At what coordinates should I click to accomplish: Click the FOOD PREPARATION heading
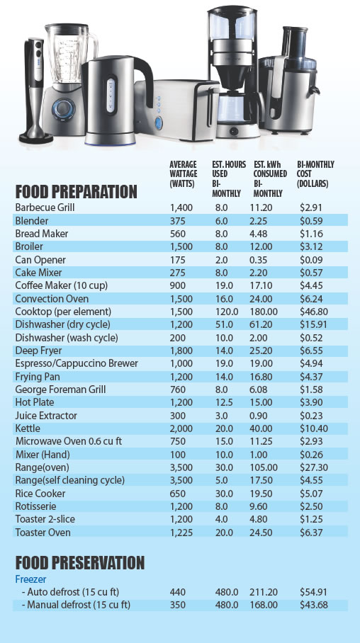77,192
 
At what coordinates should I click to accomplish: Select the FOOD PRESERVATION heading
80,563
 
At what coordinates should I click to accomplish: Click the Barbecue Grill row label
45,208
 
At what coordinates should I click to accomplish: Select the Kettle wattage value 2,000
182,428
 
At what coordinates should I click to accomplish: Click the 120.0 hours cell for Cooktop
227,312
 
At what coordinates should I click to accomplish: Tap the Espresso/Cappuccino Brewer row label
77,363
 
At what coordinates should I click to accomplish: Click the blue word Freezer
31,579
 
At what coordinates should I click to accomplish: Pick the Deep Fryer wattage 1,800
182,351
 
